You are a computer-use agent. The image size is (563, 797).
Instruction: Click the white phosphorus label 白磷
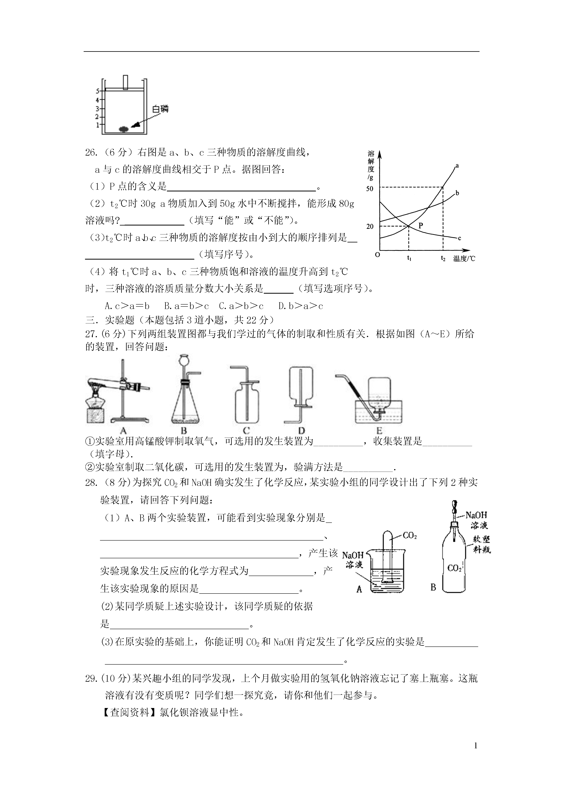pos(160,109)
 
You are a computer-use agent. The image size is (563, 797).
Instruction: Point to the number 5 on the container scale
pos(98,91)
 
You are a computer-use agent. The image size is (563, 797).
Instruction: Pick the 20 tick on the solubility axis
pos(370,226)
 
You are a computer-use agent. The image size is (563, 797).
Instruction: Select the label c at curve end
pos(459,238)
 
